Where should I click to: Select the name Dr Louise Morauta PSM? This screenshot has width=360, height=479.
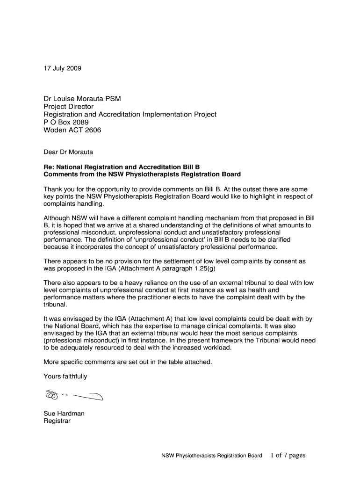(x=82, y=99)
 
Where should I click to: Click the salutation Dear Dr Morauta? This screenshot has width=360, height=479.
(x=68, y=152)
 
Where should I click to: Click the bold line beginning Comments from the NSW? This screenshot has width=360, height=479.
(x=142, y=174)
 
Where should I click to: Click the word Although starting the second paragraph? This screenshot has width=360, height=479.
(x=57, y=218)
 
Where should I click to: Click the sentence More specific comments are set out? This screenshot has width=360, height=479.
(x=128, y=362)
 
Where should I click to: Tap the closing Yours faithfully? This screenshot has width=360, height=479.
(x=65, y=376)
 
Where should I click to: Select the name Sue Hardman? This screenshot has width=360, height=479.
(x=64, y=414)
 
